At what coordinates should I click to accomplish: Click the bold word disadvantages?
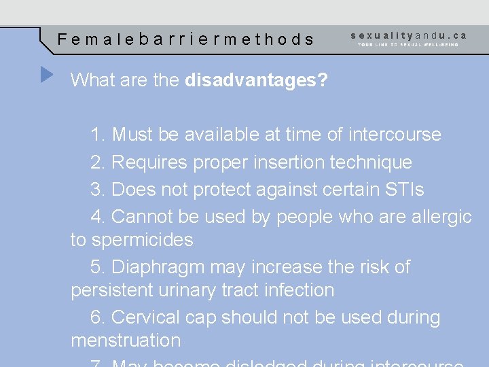point(256,81)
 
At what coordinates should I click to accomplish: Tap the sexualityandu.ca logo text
point(409,35)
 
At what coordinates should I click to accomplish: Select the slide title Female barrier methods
point(186,39)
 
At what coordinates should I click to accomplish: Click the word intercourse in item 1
point(395,135)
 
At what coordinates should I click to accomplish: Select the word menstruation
point(126,340)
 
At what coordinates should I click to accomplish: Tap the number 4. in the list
point(98,217)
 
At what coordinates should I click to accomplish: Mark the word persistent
point(113,290)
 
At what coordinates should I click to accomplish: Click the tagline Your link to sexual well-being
point(408,45)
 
